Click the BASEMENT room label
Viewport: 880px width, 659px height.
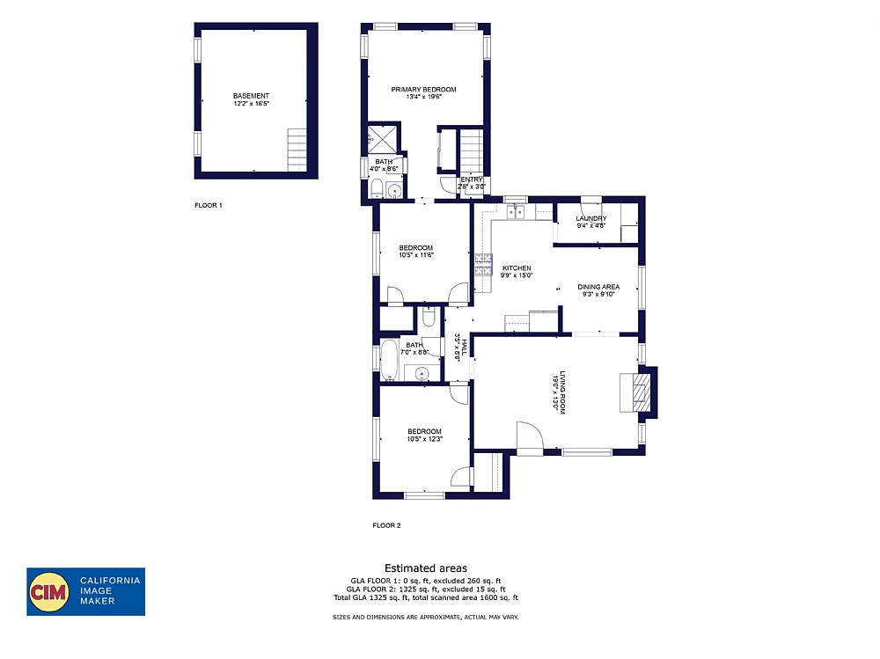pos(251,96)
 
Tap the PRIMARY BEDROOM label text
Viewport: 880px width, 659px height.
pos(423,90)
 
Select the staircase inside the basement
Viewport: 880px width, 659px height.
pos(297,150)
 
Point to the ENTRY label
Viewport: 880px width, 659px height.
pos(472,179)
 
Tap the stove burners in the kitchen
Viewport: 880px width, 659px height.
pos(483,265)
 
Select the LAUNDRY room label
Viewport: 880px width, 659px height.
pos(590,218)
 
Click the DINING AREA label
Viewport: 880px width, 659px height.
pos(598,287)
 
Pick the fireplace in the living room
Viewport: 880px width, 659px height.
pos(637,392)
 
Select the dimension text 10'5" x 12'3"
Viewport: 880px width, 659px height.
pos(424,439)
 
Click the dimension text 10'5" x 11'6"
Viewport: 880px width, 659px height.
pos(416,255)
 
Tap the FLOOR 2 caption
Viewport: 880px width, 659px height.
pos(386,525)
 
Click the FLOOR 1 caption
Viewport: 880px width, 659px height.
pos(209,205)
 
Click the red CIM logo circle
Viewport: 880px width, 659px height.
pos(50,591)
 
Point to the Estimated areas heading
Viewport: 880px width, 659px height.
pos(425,568)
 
